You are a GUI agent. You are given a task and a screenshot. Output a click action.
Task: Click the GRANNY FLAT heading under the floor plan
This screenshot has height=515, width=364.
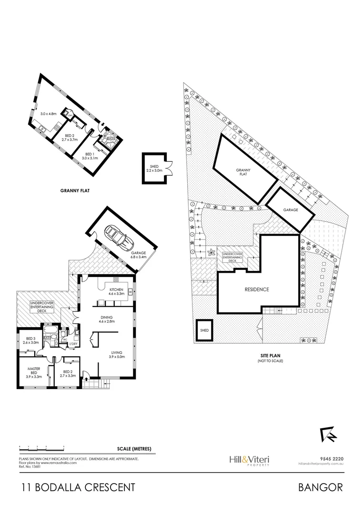tap(75, 190)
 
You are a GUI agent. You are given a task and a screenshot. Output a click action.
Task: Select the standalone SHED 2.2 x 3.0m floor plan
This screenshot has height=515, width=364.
tap(153, 168)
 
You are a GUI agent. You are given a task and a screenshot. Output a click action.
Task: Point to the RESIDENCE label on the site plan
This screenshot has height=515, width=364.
tap(257, 289)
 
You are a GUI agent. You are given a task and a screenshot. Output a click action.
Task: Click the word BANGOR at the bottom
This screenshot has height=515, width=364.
tap(320, 487)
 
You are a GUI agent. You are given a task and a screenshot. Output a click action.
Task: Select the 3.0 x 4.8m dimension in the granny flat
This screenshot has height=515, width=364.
tap(48, 114)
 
